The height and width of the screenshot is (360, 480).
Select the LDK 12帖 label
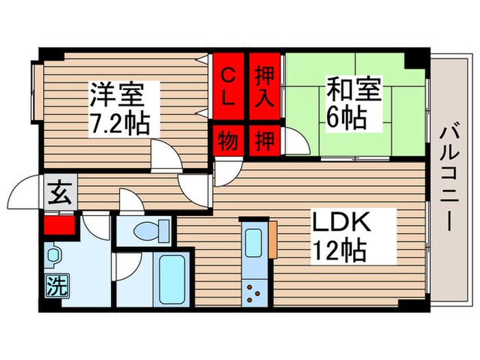(x=342, y=235)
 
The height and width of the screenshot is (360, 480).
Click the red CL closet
(x=228, y=86)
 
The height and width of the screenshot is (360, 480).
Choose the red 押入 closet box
(x=264, y=86)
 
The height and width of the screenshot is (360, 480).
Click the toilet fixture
(x=145, y=231)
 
